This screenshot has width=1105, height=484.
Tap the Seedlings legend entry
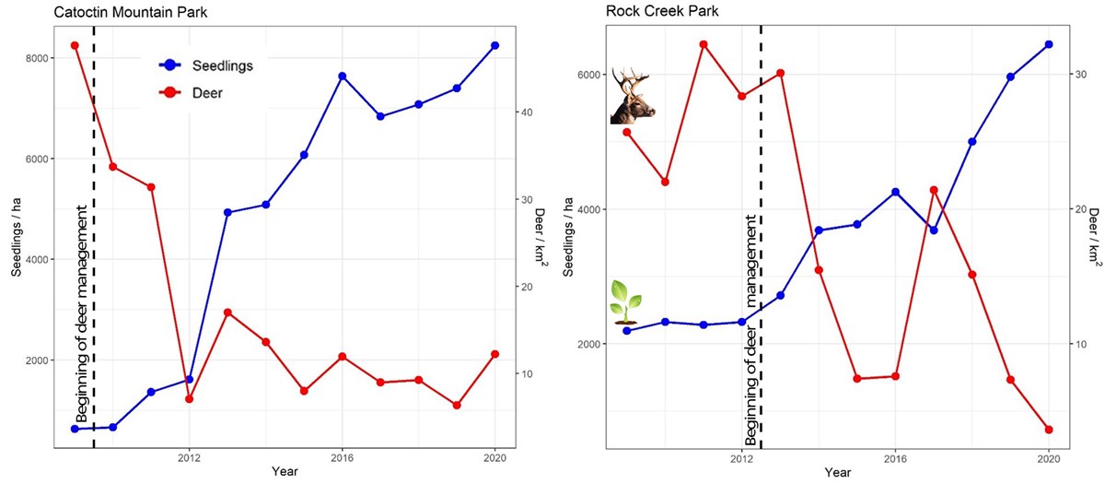pyautogui.click(x=222, y=65)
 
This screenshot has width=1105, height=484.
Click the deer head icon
pyautogui.click(x=633, y=96)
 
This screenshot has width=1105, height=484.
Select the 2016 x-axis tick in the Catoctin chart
pyautogui.click(x=342, y=457)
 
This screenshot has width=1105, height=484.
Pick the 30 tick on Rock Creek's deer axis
pyautogui.click(x=1075, y=75)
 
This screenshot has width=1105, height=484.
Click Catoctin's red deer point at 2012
pyautogui.click(x=190, y=399)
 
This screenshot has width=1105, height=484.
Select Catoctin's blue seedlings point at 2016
pyautogui.click(x=343, y=76)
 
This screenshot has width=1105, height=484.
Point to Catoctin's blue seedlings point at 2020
pyautogui.click(x=495, y=45)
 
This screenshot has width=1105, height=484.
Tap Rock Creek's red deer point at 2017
pyautogui.click(x=934, y=190)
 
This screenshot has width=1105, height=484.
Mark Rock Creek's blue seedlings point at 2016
pyautogui.click(x=895, y=192)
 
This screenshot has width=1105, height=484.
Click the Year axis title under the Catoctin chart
pyautogui.click(x=285, y=472)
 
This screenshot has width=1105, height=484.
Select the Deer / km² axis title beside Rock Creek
pyautogui.click(x=1095, y=237)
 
